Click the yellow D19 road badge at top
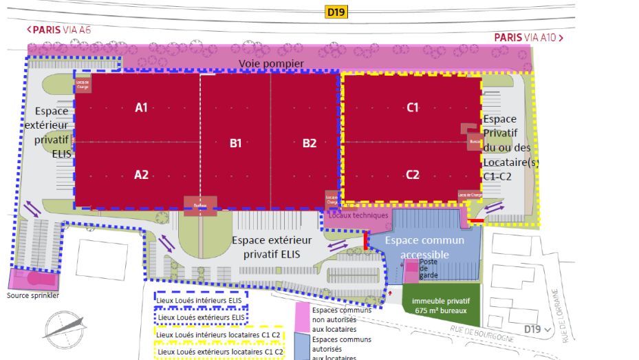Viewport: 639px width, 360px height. point(336,11)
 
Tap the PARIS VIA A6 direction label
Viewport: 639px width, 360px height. point(59,30)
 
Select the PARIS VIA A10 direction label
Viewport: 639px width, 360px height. point(528,37)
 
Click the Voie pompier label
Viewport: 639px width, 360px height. point(271,63)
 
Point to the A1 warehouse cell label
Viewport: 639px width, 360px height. point(142,107)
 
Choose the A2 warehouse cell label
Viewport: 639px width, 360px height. point(141,175)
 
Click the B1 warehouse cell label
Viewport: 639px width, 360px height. point(235,143)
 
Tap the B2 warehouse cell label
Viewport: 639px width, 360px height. point(310,143)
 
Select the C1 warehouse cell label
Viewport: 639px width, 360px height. point(413,107)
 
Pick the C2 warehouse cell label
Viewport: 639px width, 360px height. point(413,175)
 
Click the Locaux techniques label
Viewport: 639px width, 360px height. point(358,215)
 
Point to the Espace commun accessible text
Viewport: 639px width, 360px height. point(424,247)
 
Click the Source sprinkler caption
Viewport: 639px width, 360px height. point(33,296)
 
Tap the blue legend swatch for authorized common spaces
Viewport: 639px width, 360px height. point(301,347)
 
